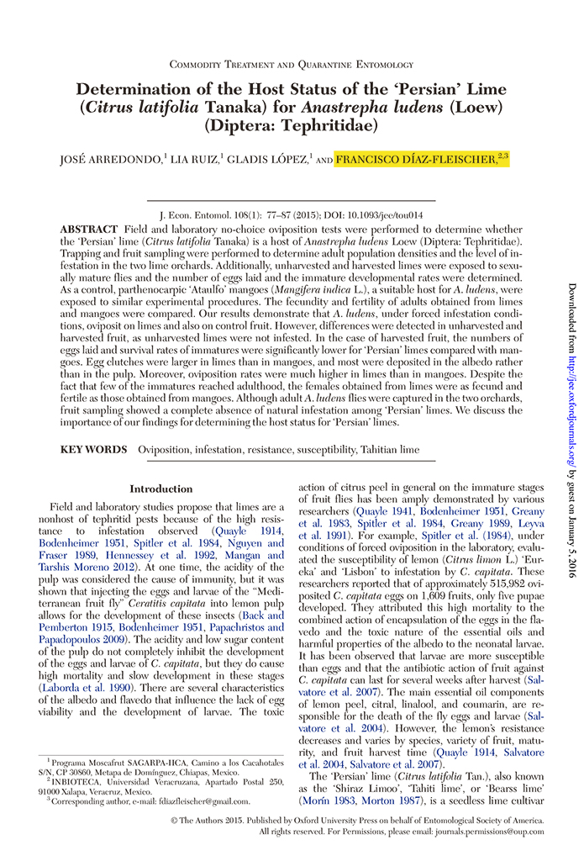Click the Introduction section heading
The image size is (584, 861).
point(160,489)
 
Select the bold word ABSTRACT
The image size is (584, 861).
point(88,230)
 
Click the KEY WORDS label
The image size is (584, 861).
point(93,450)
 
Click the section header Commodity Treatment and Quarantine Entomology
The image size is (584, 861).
point(292,65)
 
